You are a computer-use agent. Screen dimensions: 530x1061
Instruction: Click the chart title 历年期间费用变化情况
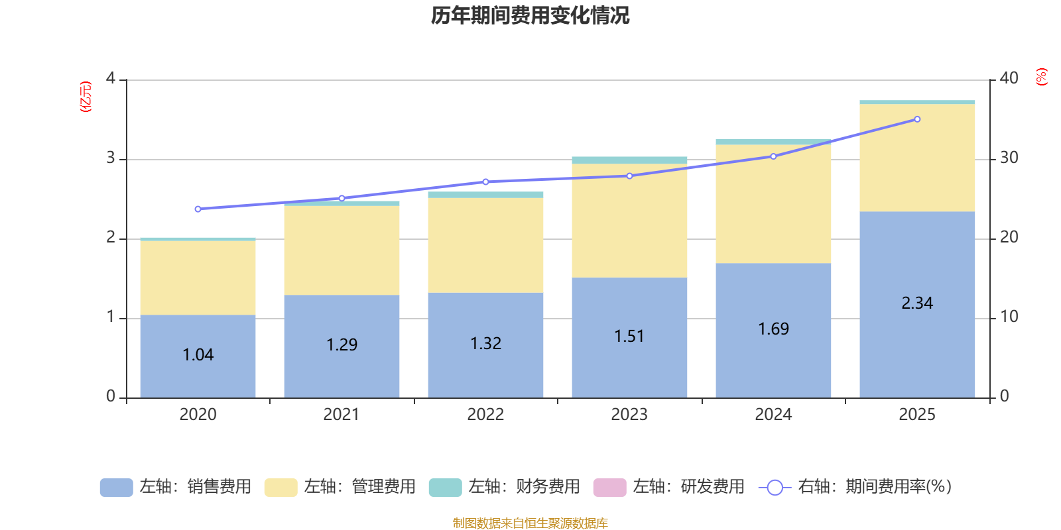tap(530, 15)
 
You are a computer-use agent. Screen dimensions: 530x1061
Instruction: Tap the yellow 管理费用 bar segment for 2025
tap(917, 158)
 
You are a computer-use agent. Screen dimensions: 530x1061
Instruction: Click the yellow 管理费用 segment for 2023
tap(629, 221)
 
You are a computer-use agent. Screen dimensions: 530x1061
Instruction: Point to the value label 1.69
tap(773, 329)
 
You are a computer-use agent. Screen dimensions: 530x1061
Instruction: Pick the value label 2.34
tap(917, 303)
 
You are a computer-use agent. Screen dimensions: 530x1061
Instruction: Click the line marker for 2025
tap(917, 119)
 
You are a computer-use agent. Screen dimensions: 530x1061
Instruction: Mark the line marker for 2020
tap(198, 209)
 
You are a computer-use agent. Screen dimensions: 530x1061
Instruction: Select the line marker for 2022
tap(485, 182)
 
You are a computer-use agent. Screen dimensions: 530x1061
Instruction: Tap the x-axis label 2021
tap(342, 415)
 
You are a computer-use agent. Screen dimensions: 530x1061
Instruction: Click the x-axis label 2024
tap(773, 415)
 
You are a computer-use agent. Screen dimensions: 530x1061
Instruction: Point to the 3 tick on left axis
tap(111, 158)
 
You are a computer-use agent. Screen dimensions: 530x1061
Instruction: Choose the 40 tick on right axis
tap(1009, 78)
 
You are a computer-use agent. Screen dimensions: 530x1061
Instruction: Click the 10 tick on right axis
tap(1009, 317)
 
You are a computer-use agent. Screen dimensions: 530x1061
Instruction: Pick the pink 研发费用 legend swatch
tap(609, 487)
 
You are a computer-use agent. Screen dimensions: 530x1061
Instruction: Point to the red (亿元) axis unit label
tap(85, 97)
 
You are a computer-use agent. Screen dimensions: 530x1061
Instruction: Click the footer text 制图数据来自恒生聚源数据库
tap(530, 523)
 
